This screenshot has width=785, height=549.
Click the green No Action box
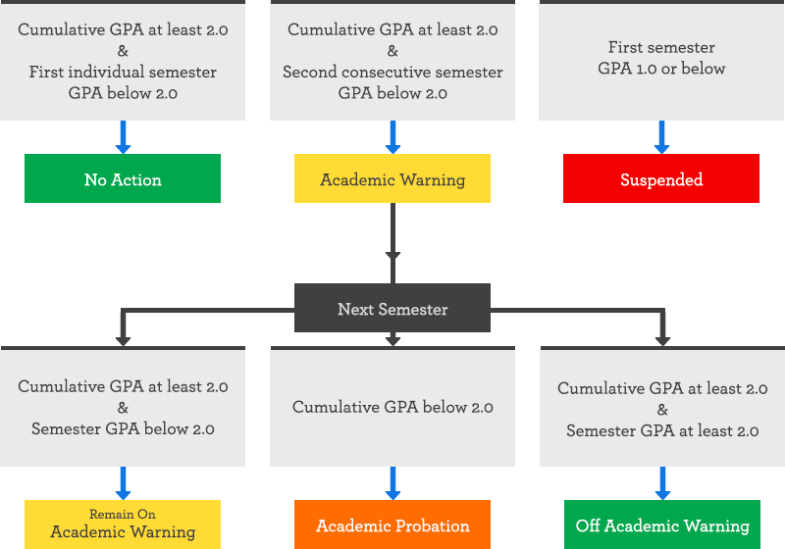tap(123, 178)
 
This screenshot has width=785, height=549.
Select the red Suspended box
tap(660, 178)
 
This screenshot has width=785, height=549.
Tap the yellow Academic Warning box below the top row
tap(392, 178)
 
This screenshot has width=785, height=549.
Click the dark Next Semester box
tap(392, 309)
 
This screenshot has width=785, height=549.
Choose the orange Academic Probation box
tap(392, 524)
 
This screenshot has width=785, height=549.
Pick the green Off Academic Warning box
tap(662, 524)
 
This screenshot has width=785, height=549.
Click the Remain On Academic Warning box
tap(123, 524)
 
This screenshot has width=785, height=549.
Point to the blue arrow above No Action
tap(123, 137)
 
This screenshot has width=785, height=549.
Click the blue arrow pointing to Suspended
tap(661, 137)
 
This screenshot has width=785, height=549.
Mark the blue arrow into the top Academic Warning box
tap(392, 137)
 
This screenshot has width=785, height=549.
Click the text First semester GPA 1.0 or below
tap(661, 58)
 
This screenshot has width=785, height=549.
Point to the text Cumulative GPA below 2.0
tap(392, 408)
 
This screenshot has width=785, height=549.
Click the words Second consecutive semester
tap(392, 73)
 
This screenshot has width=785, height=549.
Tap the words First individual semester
tap(123, 73)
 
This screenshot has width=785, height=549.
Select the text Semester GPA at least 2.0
tap(662, 431)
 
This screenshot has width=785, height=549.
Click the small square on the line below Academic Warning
tap(392, 257)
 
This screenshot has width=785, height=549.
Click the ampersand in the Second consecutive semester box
tap(392, 51)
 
